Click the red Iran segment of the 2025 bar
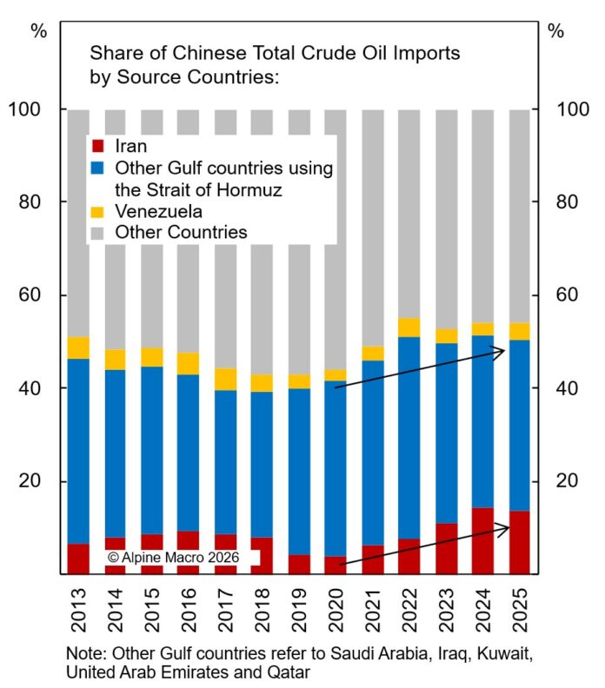click(521, 542)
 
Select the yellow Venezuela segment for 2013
click(77, 347)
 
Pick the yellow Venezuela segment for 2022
click(409, 327)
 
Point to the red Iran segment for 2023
click(447, 548)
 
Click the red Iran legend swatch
click(98, 146)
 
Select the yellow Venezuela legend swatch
click(98, 211)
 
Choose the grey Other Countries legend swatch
click(98, 232)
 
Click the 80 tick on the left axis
click(34, 202)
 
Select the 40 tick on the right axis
click(566, 388)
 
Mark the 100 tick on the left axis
click(30, 109)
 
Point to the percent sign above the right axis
click(556, 31)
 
